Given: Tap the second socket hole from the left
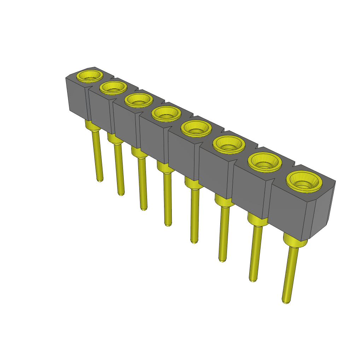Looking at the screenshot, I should [113, 87].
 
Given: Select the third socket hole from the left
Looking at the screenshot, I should [139, 100].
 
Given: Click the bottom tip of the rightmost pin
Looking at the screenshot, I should [286, 302].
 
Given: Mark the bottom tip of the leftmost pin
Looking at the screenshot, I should [100, 180].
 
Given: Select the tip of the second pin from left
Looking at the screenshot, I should [121, 194].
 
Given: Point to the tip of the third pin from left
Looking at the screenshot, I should [144, 209].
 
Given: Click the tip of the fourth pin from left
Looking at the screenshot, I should [168, 224].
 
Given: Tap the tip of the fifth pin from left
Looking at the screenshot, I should [194, 241].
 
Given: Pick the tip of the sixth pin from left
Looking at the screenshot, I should [222, 260].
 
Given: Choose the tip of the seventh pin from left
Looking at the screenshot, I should [252, 280].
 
